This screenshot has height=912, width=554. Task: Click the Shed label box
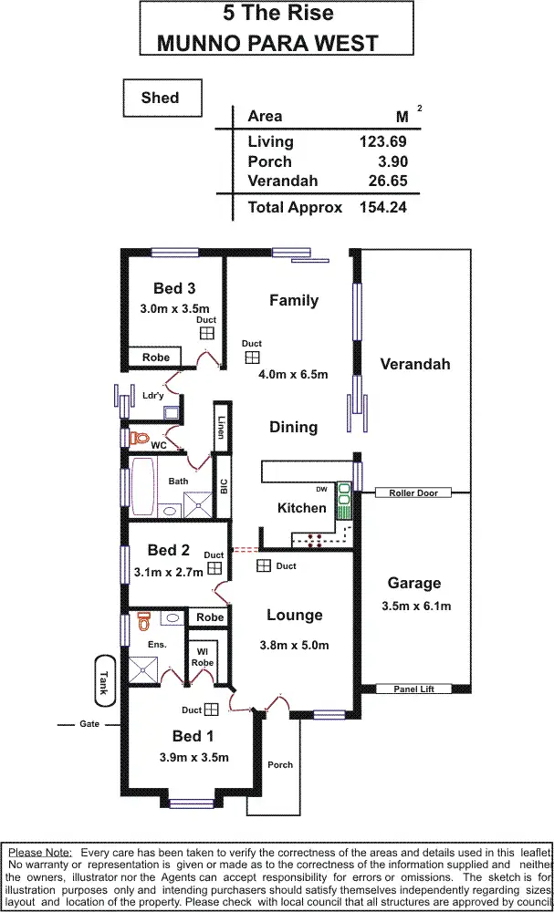160,98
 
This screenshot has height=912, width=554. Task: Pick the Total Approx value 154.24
382,207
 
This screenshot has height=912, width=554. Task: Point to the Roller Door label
413,493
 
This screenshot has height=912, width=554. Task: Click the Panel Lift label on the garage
413,689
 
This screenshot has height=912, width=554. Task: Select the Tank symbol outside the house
103,679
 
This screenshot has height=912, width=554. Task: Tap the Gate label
89,724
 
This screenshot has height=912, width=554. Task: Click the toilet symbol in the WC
140,439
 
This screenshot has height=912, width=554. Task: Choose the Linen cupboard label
220,428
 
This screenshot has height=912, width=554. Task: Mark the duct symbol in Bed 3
207,335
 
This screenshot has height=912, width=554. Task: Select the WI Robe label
203,657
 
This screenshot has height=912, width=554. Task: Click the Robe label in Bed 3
156,358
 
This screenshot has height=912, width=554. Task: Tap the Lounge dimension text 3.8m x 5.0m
293,645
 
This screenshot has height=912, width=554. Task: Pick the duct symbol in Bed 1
211,709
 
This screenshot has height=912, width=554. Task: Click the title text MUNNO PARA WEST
267,42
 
